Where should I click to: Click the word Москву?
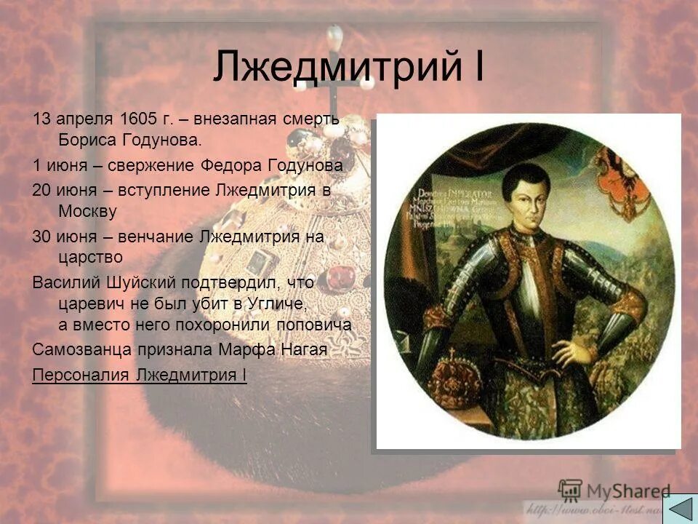click(x=87, y=211)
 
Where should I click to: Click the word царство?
click(x=90, y=257)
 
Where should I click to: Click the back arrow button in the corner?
click(x=679, y=507)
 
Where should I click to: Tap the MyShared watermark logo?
click(x=614, y=490)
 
